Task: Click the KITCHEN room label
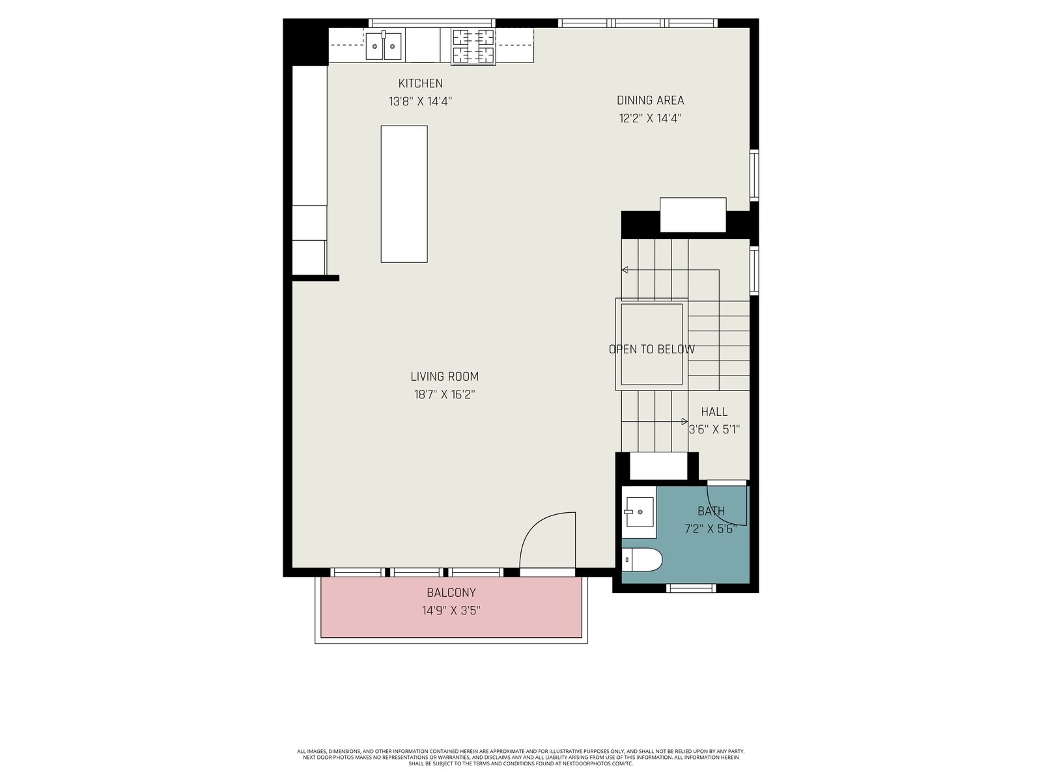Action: pyautogui.click(x=420, y=83)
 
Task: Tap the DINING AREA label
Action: pyautogui.click(x=650, y=100)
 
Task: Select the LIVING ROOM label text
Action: pyautogui.click(x=444, y=377)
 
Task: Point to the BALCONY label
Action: pyautogui.click(x=451, y=592)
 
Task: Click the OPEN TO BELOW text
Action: pyautogui.click(x=652, y=349)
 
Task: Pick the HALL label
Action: pyautogui.click(x=714, y=411)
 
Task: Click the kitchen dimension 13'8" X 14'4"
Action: pyautogui.click(x=420, y=102)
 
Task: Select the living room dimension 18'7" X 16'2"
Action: pyautogui.click(x=444, y=394)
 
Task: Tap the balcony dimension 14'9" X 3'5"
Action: pyautogui.click(x=451, y=610)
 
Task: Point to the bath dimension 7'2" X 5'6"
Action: pyautogui.click(x=711, y=528)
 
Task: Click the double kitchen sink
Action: pyautogui.click(x=384, y=46)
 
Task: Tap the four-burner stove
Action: pyautogui.click(x=473, y=46)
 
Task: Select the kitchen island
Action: pyautogui.click(x=404, y=194)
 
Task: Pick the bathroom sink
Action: pyautogui.click(x=639, y=512)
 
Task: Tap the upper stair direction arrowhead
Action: pyautogui.click(x=625, y=270)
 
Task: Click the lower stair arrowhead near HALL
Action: pyautogui.click(x=684, y=422)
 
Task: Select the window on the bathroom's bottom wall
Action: pyautogui.click(x=691, y=588)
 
